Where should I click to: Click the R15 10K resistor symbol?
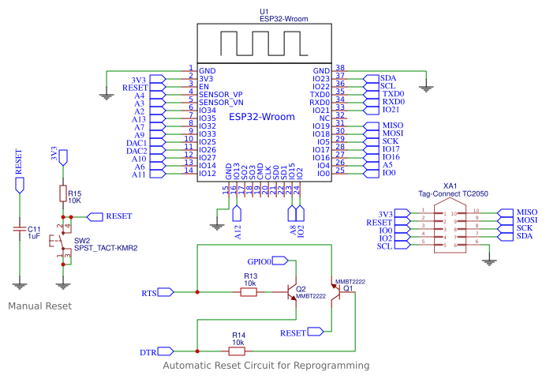[63, 194]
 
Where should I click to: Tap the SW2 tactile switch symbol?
[59, 241]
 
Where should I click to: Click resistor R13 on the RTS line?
[249, 292]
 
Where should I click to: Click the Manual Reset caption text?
[39, 306]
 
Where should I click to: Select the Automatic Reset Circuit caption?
[266, 366]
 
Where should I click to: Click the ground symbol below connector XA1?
[490, 259]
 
